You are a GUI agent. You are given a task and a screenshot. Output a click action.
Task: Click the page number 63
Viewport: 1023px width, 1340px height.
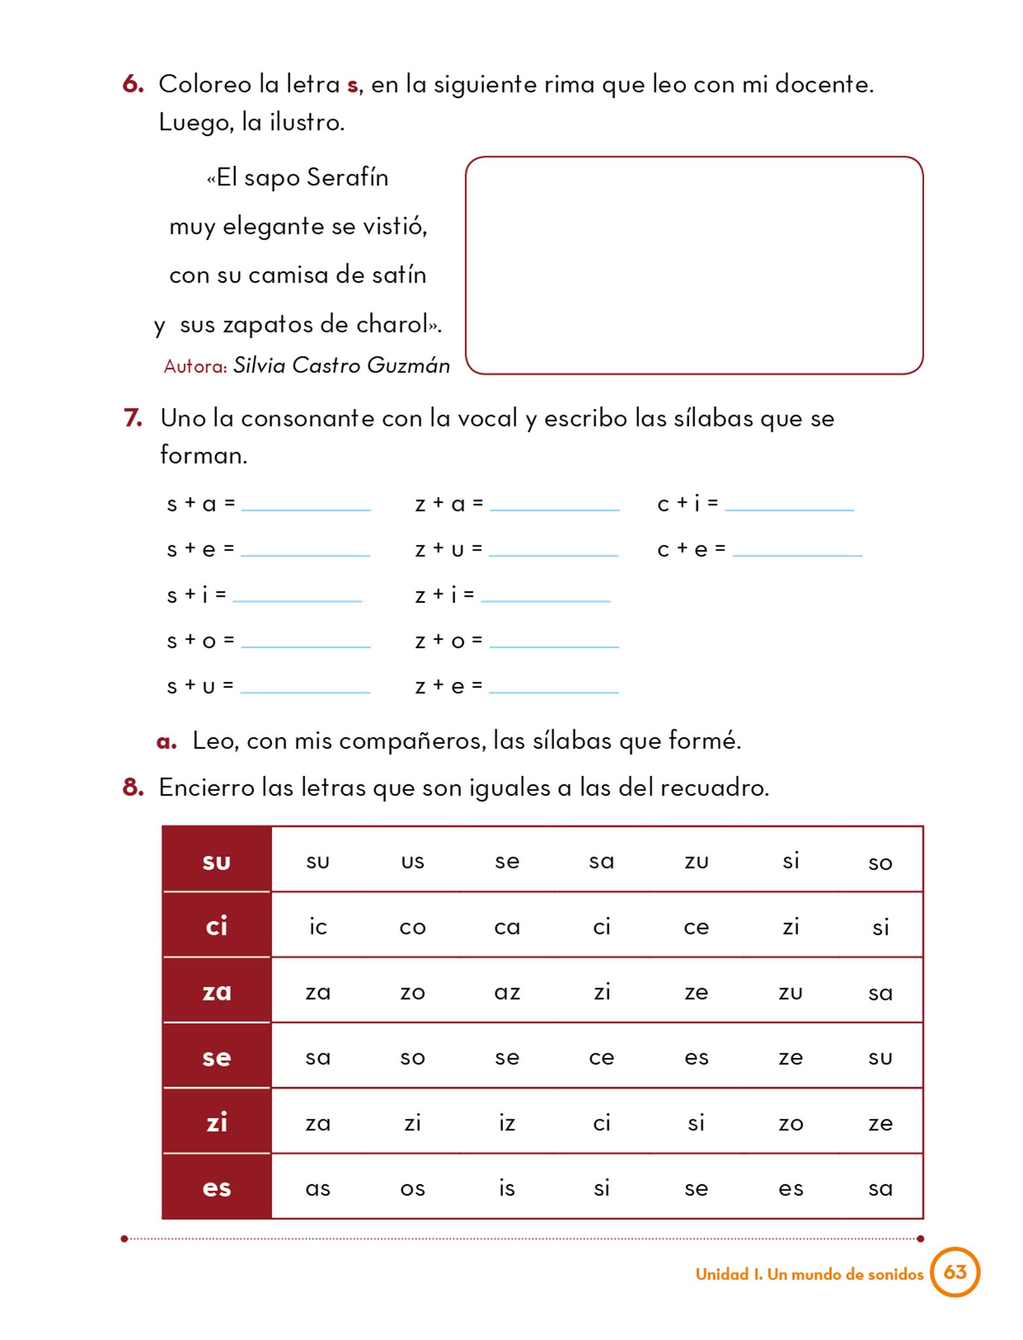tap(955, 1272)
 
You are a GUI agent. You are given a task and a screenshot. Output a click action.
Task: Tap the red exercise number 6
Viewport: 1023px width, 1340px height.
tap(133, 84)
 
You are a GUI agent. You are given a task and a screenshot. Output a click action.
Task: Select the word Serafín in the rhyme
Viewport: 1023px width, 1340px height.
tap(347, 177)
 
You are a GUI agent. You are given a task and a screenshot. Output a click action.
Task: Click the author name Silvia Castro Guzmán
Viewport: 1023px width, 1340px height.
tap(341, 365)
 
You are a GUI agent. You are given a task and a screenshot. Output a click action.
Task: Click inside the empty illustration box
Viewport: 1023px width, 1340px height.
tap(693, 265)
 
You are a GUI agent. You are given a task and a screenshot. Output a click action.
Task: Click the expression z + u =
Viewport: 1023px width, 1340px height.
tap(449, 549)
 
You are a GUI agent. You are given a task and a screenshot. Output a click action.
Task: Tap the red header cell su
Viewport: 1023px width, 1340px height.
tap(217, 860)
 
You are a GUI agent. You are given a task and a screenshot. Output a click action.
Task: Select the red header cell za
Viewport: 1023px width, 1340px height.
tap(217, 991)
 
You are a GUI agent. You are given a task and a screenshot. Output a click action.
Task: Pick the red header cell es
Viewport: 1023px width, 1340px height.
tap(217, 1188)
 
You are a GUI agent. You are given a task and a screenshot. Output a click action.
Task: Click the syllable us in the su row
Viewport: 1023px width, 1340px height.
tap(412, 861)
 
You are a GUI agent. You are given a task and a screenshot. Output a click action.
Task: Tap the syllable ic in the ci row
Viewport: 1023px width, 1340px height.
tap(318, 926)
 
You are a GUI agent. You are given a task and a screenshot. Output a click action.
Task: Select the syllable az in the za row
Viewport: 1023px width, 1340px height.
tap(507, 992)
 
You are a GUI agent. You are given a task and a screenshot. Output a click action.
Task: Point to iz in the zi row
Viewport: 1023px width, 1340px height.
tap(507, 1123)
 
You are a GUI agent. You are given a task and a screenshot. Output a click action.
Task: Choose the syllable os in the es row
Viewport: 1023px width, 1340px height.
tap(412, 1188)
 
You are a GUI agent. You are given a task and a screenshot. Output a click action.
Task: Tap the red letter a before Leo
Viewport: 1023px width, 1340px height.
tap(167, 741)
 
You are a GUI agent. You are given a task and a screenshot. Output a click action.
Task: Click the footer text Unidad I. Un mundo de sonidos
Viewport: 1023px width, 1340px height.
tap(809, 1274)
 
